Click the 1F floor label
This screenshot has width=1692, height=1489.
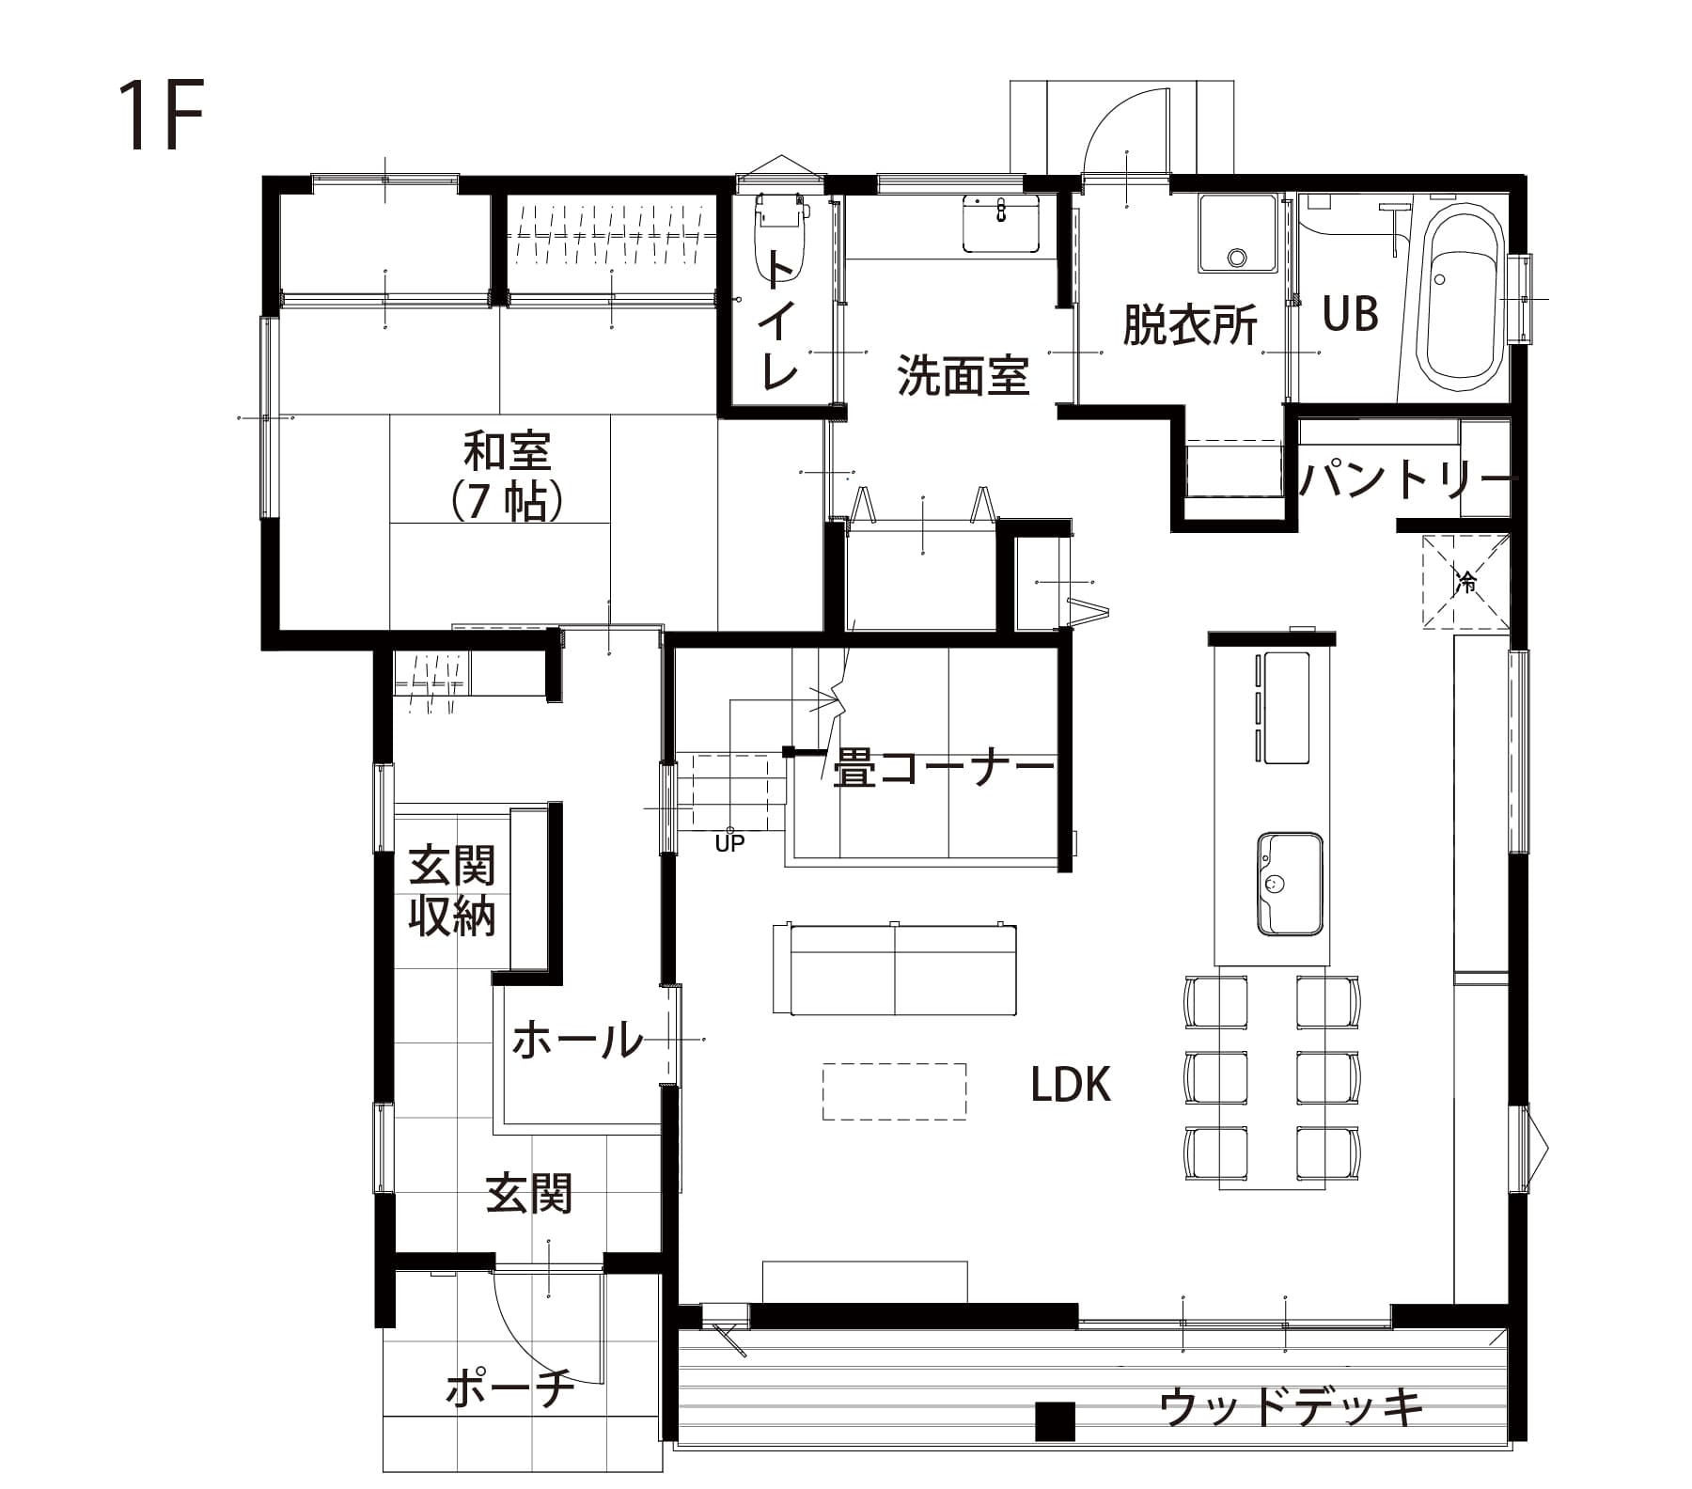162,117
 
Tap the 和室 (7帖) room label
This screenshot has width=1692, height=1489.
508,476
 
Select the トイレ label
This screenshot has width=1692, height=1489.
780,321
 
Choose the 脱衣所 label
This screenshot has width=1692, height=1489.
1190,325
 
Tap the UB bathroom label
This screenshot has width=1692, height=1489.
1351,314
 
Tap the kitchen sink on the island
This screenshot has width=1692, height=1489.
1290,884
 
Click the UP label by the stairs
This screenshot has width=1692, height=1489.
729,843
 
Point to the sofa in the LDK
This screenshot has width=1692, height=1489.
894,968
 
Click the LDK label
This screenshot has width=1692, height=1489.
1071,1085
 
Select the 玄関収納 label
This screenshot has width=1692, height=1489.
452,891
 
